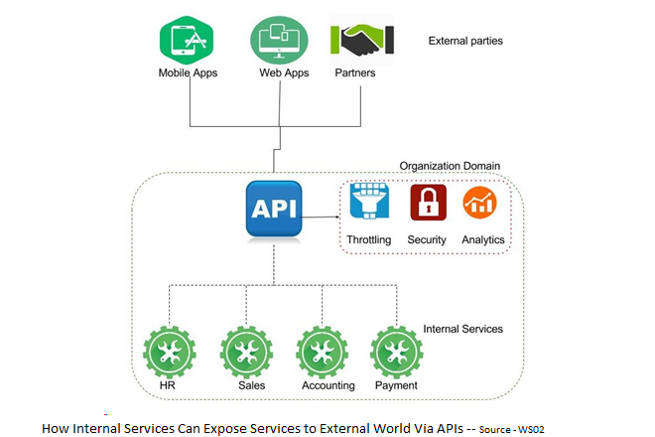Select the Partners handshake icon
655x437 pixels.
point(361,40)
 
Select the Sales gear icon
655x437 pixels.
point(245,351)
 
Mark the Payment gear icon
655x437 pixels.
point(395,351)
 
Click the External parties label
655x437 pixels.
point(465,42)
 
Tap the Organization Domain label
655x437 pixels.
point(450,167)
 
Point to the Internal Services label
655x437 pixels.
point(462,329)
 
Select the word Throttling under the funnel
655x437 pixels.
point(369,240)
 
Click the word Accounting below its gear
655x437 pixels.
point(327,385)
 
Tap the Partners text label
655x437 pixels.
point(354,73)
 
